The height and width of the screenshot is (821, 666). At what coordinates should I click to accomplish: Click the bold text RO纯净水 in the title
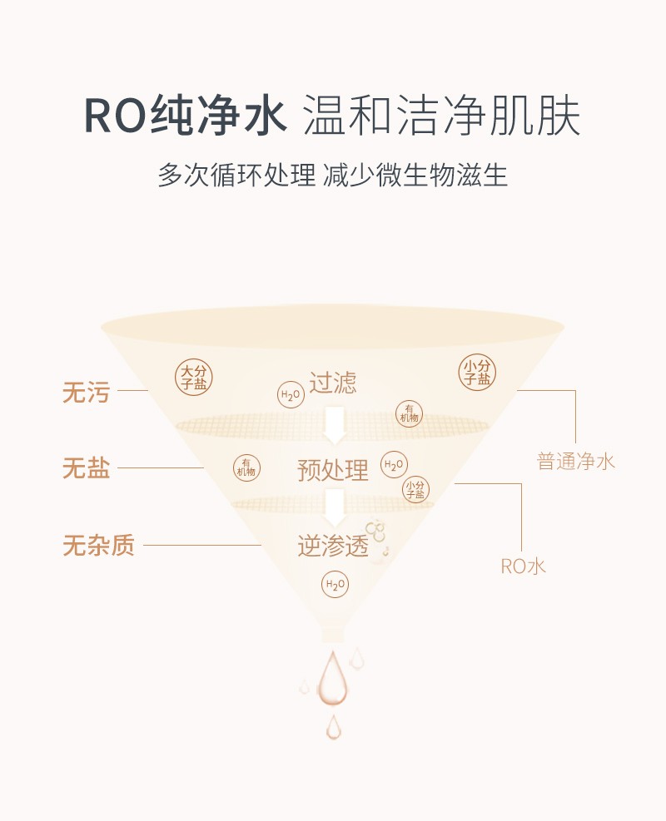186,116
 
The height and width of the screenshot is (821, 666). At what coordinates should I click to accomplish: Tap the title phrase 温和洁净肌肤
442,116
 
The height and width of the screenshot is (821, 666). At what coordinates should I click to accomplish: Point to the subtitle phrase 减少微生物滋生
415,175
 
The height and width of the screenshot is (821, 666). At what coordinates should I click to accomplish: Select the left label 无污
86,392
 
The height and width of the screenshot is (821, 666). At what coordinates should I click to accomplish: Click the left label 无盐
86,467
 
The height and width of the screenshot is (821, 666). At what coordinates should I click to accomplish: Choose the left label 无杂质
98,545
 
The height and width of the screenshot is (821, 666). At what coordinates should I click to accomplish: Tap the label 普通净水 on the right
575,462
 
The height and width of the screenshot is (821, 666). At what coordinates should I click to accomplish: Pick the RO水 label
523,566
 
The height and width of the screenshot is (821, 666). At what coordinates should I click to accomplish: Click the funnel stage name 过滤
333,383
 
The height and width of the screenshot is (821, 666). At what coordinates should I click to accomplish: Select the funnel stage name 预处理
333,470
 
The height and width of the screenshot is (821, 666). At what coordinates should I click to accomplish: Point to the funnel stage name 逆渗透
333,547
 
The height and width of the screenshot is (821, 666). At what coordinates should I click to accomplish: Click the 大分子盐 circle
193,377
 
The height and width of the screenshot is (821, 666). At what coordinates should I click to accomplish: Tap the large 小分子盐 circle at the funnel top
477,373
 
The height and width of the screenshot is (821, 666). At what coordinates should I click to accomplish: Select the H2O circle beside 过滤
291,395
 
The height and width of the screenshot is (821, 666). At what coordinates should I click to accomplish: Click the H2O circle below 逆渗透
335,584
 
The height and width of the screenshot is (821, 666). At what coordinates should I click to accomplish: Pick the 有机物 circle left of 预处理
246,467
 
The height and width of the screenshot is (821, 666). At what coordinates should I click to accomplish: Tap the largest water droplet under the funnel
332,679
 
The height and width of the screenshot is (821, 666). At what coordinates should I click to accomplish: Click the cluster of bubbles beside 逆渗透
376,537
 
